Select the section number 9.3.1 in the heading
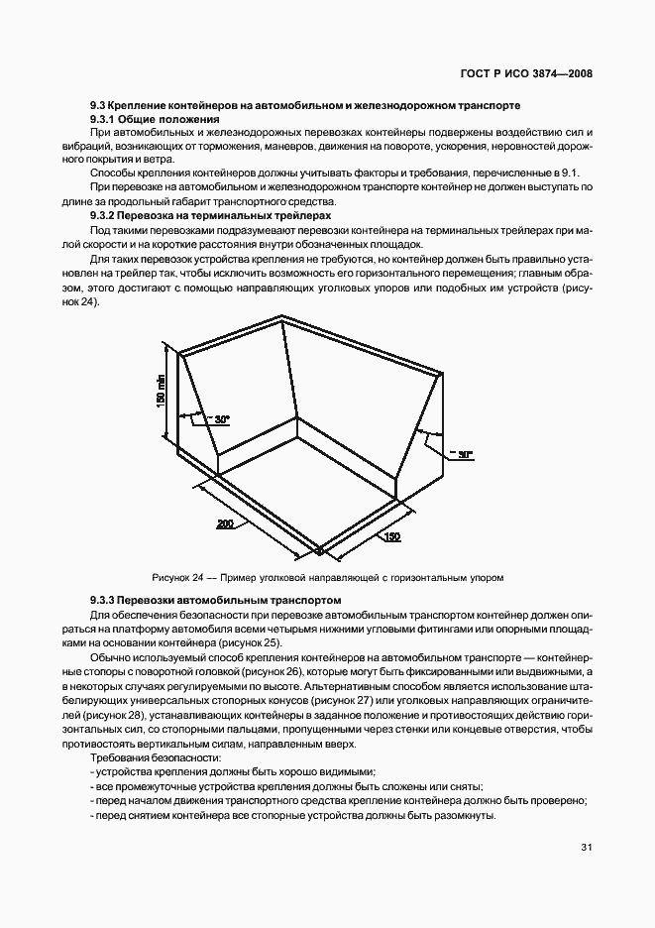tap(104, 118)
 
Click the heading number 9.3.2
tap(104, 215)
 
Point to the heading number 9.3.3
tap(104, 600)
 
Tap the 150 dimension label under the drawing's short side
tap(392, 536)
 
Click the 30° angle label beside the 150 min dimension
tap(222, 419)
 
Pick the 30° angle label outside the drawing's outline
tap(463, 454)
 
